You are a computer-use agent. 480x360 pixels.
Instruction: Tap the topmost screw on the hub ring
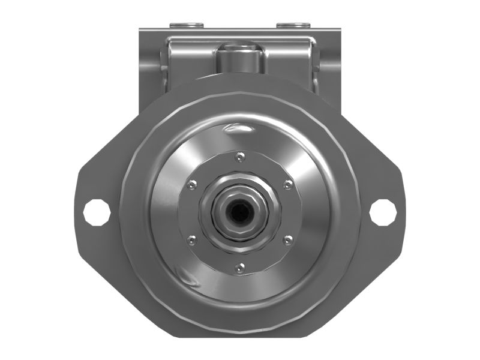tap(240, 157)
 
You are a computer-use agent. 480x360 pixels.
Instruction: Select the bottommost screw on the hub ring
tap(240, 268)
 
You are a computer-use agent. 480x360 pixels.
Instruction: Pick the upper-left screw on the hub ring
tap(192, 185)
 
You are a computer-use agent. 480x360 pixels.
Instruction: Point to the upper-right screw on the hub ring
tap(288, 185)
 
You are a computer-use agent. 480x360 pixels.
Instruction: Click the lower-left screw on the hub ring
tap(192, 240)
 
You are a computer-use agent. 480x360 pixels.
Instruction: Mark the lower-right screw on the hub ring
tap(288, 240)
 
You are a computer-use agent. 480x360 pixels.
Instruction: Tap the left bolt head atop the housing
tap(185, 25)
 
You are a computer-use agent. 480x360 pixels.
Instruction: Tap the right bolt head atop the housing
tap(293, 25)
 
